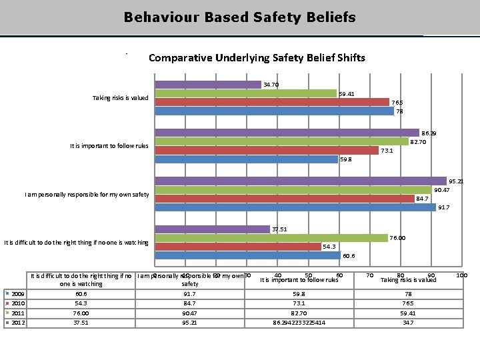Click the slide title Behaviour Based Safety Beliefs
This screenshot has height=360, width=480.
coord(240,17)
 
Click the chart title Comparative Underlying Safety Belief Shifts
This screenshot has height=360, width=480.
coord(257,57)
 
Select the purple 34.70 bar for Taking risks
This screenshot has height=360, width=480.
coord(208,85)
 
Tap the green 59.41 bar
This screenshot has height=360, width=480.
coord(245,93)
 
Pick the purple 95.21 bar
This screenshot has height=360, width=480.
coord(301,181)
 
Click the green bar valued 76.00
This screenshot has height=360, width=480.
coord(271,238)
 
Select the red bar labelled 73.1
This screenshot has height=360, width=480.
coord(267,150)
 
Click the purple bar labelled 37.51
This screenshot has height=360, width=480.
coord(213,229)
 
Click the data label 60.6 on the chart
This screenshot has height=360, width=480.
coord(349,255)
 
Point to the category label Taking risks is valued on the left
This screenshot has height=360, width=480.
coord(120,98)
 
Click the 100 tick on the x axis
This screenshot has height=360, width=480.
coord(461,275)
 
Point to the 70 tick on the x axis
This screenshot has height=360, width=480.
coord(369,275)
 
